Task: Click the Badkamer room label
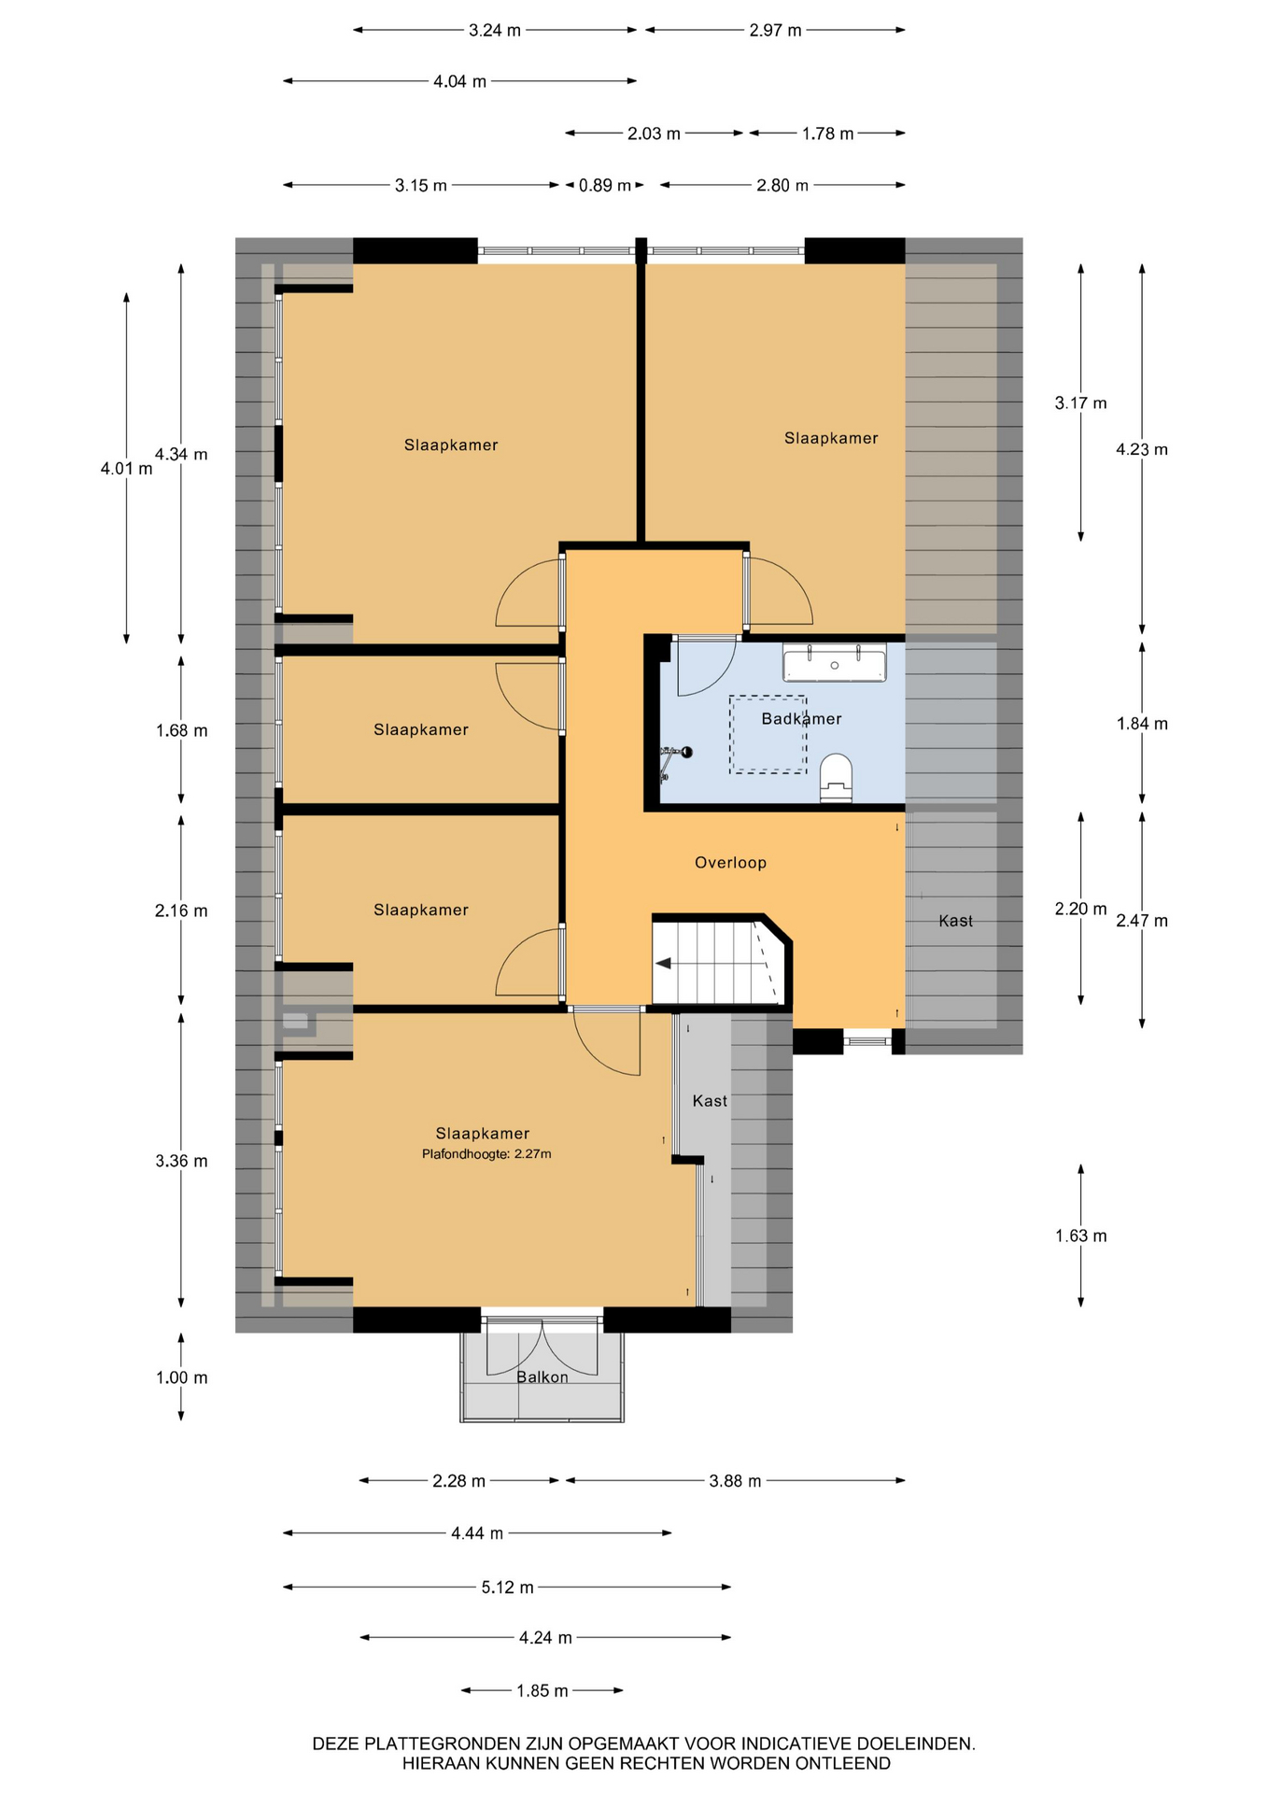pos(801,718)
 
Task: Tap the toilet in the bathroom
pos(836,779)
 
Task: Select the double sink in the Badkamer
pos(834,662)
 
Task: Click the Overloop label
pos(730,863)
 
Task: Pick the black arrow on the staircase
pos(664,964)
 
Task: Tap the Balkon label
pos(542,1377)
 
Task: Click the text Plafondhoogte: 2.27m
pos(486,1154)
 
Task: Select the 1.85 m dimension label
pos(542,1690)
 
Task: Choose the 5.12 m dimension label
pos(507,1587)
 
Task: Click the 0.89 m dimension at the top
pos(604,185)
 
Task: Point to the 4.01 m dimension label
pos(126,468)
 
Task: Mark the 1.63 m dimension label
pos(1081,1235)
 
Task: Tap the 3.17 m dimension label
pos(1081,402)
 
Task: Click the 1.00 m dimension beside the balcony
pos(181,1377)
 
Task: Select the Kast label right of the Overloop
pos(955,921)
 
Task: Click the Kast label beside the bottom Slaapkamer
pos(710,1101)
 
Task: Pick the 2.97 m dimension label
pos(775,30)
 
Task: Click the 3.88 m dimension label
pos(735,1481)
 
